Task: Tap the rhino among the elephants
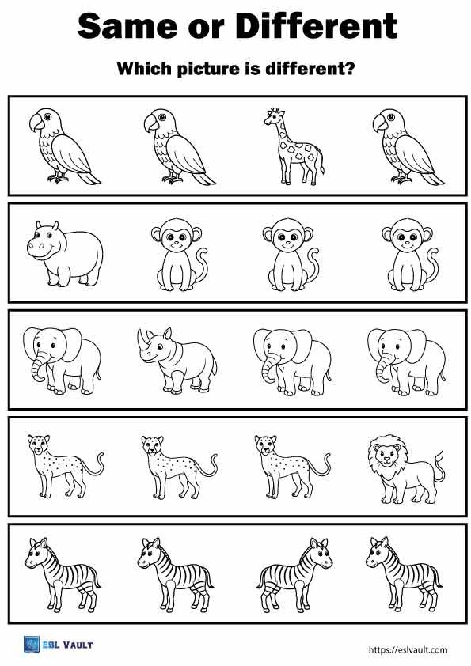(177, 361)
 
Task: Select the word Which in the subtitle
(143, 69)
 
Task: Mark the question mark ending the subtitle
(349, 69)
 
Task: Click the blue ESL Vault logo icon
(32, 645)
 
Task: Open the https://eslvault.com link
(408, 649)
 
